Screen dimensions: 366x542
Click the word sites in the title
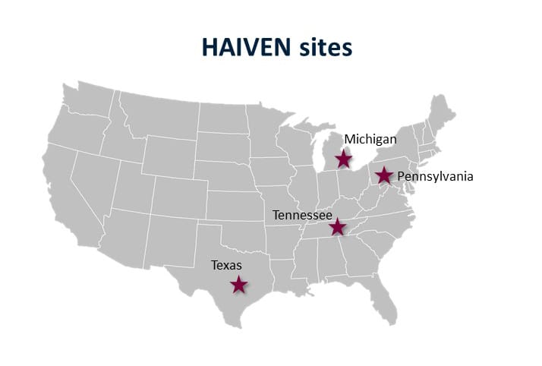[x=327, y=47]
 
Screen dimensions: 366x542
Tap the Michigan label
[x=370, y=139]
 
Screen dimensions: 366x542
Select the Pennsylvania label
[x=435, y=176]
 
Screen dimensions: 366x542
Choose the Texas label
[x=226, y=265]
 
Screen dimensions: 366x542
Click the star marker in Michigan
[x=344, y=159]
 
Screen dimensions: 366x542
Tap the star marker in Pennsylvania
[x=384, y=176]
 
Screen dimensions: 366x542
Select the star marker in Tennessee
[x=337, y=227]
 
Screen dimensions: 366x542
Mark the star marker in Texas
[x=239, y=285]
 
